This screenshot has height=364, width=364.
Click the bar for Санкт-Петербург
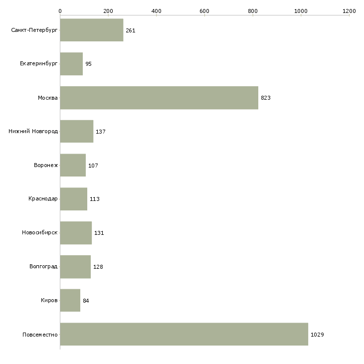point(91,30)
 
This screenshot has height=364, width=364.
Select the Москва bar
point(159,98)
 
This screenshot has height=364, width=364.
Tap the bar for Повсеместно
point(184,334)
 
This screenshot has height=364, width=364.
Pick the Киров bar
point(70,300)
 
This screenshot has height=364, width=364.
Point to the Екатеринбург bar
point(71,64)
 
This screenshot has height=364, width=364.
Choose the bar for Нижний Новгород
point(76,132)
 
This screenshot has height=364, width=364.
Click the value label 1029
point(317,335)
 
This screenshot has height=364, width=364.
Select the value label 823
point(265,98)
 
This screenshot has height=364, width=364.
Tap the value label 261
point(130,31)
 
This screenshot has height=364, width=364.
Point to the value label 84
point(86,301)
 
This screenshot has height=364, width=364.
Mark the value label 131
point(99,233)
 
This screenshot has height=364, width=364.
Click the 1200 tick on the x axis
point(349,10)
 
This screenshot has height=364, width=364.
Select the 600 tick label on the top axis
point(204,10)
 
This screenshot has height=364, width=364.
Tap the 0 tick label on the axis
point(60,10)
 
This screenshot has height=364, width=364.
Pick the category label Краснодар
point(43,199)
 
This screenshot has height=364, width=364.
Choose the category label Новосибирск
point(40,233)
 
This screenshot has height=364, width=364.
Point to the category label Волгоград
point(43,267)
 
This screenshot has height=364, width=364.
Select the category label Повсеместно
point(40,335)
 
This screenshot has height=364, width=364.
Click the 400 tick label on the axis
point(156,10)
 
